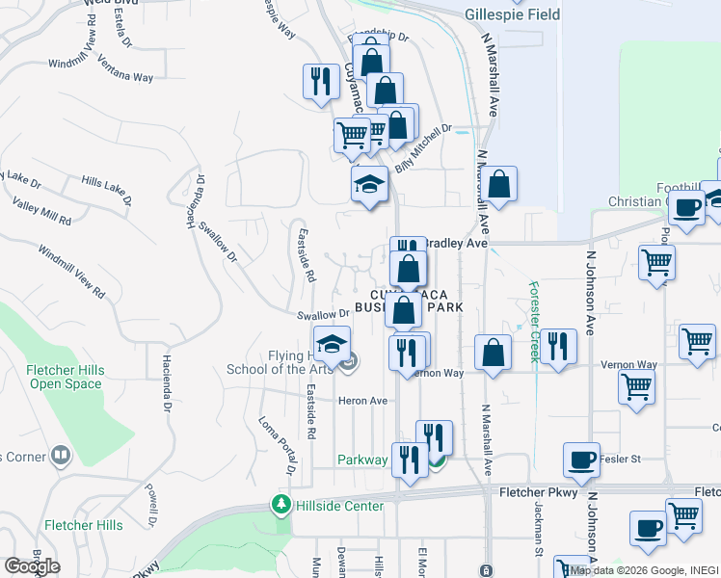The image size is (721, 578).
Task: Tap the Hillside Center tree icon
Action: [280, 504]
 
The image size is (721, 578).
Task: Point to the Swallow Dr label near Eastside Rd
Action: [323, 314]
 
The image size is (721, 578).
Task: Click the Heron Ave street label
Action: [361, 401]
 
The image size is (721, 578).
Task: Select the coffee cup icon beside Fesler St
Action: [581, 460]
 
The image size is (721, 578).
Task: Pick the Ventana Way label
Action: [129, 76]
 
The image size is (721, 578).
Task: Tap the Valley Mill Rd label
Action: [41, 212]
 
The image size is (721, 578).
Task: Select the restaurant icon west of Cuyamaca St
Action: [318, 82]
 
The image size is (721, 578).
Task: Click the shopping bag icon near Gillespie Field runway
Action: [498, 185]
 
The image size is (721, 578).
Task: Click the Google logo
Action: [31, 565]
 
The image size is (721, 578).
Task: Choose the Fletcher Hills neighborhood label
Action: [84, 525]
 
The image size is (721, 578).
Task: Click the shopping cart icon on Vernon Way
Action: [636, 387]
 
